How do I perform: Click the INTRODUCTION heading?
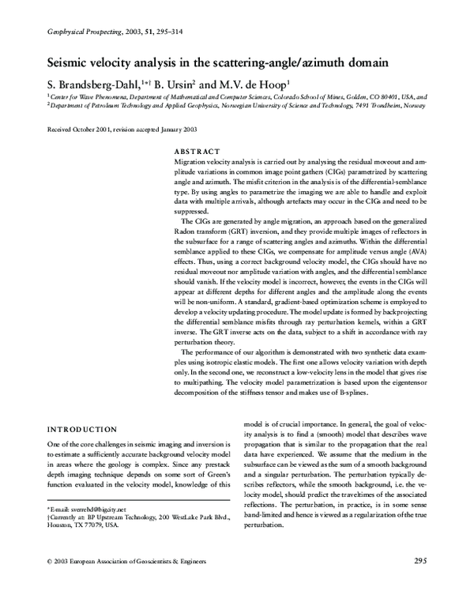83,429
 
